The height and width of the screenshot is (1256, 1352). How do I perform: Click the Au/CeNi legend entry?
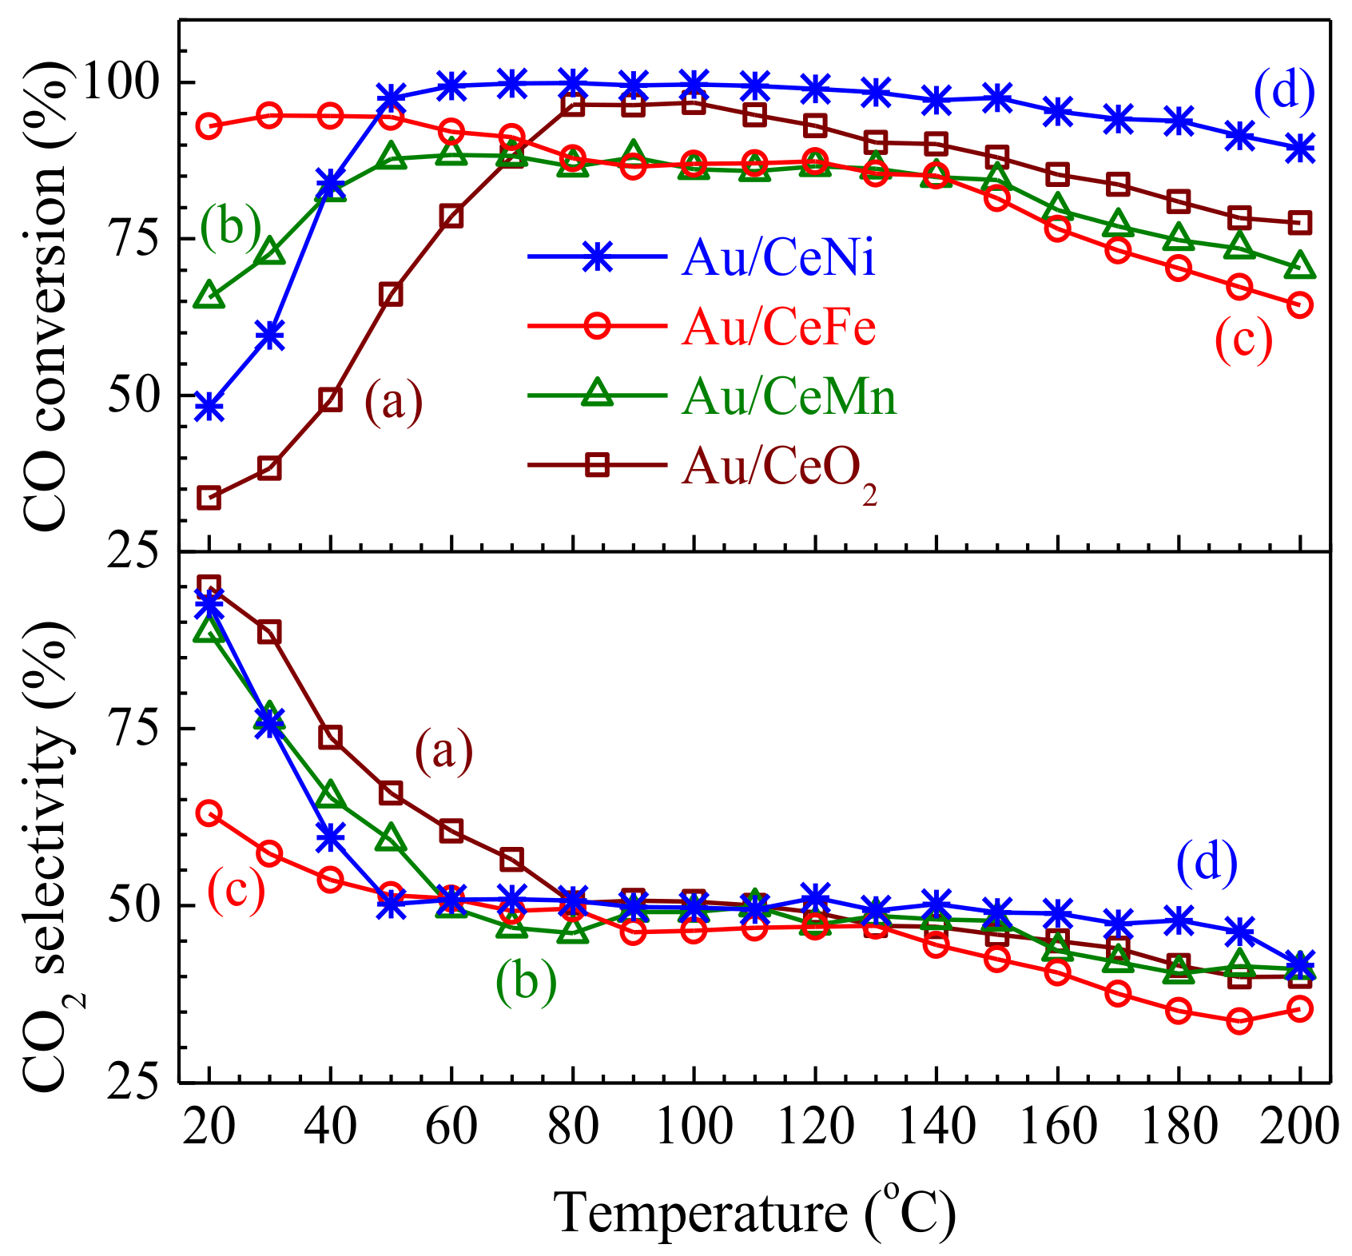click(x=779, y=258)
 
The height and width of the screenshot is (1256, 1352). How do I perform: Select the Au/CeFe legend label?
click(x=779, y=327)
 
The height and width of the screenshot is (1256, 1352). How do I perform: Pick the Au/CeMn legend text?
click(x=789, y=395)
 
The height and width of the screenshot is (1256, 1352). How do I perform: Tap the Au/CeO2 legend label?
click(x=779, y=467)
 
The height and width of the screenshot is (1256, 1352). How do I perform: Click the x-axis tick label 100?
click(x=693, y=1128)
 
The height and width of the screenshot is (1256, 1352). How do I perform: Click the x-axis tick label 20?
click(x=209, y=1128)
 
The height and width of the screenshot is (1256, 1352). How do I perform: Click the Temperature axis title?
click(x=755, y=1212)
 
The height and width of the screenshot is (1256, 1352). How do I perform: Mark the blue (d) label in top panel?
click(x=1283, y=91)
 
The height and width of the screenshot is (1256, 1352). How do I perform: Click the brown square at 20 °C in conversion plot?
click(x=209, y=499)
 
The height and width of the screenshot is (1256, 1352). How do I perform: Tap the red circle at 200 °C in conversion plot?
click(x=1300, y=305)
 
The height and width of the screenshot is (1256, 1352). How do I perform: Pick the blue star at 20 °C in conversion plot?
click(x=209, y=407)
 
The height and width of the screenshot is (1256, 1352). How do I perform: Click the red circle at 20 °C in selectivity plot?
click(x=209, y=814)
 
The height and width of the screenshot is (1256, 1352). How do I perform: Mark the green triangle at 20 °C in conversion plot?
click(x=209, y=295)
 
